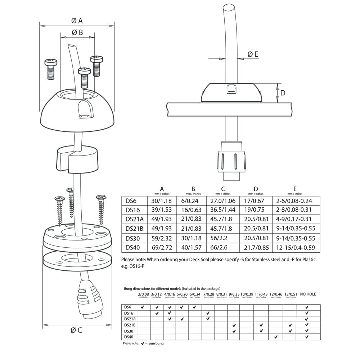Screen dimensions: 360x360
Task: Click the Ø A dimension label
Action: pos(77,21)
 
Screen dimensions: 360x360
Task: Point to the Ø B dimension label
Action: pos(77,32)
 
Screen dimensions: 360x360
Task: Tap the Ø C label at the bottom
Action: pos(76,330)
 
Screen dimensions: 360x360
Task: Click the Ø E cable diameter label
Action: pos(253,54)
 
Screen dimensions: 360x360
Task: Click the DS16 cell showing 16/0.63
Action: pos(193,210)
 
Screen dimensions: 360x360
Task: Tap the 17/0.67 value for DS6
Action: pos(256,201)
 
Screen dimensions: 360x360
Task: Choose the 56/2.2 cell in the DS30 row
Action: pos(223,238)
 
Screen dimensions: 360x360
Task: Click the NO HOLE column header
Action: pos(308,294)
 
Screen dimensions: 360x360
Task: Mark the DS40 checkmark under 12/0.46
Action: pos(275,337)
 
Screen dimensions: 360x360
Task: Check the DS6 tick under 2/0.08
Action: pos(143,307)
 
